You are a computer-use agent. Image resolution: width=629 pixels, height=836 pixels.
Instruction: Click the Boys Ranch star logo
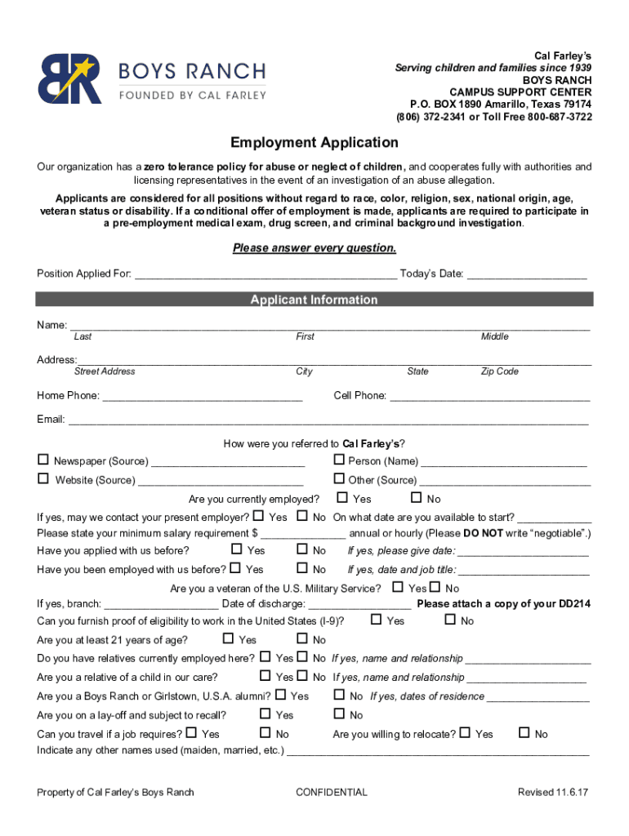(70, 78)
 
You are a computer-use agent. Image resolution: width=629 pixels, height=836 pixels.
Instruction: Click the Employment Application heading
(314, 143)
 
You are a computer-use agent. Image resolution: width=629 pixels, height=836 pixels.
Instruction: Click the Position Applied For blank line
(266, 275)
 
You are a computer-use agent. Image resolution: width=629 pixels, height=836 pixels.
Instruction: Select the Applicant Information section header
(314, 300)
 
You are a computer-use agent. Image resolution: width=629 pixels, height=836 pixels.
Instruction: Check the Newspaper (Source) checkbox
(43, 460)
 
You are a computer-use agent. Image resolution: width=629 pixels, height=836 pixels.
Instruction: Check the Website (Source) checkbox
(43, 479)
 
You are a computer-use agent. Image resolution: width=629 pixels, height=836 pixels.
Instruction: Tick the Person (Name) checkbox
(339, 460)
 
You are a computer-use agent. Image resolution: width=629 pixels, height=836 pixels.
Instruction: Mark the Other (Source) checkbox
(339, 479)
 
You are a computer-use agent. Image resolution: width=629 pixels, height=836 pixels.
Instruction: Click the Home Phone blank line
(203, 398)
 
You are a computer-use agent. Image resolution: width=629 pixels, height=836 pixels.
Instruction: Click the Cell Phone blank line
(490, 398)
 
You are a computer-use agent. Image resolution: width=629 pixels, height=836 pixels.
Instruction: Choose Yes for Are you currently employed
(342, 498)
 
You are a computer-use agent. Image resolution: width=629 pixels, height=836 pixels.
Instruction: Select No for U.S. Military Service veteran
(435, 588)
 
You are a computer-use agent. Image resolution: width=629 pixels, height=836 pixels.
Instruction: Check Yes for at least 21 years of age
(228, 639)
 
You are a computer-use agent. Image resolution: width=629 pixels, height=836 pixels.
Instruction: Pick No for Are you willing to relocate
(524, 733)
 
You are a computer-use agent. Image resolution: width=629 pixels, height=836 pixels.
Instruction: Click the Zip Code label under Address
(499, 371)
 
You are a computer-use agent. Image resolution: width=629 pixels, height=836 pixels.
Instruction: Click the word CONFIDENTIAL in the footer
(332, 792)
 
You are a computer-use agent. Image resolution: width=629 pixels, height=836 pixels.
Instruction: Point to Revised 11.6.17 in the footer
(554, 792)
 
